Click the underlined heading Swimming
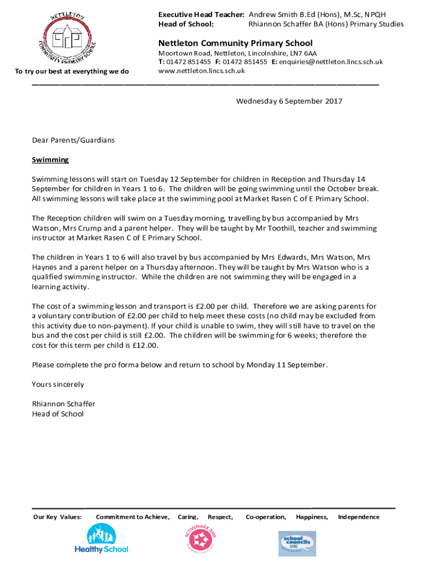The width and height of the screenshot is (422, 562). coord(50,160)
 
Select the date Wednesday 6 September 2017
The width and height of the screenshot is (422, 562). coord(289,101)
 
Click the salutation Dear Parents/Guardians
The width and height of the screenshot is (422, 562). coord(73,140)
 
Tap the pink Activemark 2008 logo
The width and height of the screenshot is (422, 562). coord(203,539)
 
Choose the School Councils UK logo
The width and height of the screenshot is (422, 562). coord(297,543)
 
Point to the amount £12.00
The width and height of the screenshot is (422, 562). coord(145,345)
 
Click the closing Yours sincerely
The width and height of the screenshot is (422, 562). coord(58,384)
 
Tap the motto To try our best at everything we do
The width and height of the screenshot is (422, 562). coord(72,71)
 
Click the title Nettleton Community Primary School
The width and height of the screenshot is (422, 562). coord(235,43)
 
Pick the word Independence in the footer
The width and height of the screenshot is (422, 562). coord(358,517)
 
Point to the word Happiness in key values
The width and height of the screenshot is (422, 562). coord(312,517)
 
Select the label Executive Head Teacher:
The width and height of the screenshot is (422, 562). coord(201,14)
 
